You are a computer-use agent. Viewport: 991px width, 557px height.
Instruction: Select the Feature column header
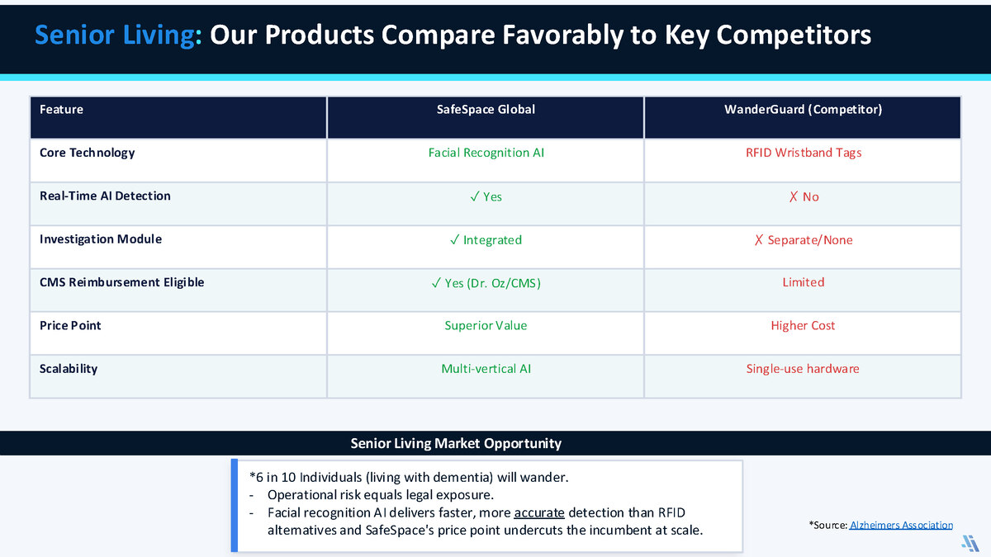click(x=61, y=109)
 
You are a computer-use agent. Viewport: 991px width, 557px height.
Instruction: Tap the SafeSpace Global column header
click(x=486, y=109)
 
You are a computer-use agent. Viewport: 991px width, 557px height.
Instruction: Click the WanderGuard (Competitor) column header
click(x=803, y=110)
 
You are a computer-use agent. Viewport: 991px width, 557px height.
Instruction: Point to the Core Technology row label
click(x=88, y=153)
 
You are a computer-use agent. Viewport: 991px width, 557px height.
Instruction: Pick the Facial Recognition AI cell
click(x=486, y=153)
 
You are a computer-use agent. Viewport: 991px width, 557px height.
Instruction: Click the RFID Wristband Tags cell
click(x=804, y=153)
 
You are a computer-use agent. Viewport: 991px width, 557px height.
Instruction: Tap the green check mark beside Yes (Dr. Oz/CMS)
click(x=436, y=283)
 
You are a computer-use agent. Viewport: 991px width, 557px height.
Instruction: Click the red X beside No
click(x=794, y=196)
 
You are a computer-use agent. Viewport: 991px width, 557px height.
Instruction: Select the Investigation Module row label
click(x=101, y=239)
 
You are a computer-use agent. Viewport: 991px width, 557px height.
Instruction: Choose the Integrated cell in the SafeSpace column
click(x=486, y=240)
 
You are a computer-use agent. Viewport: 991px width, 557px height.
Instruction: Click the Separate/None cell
click(x=804, y=240)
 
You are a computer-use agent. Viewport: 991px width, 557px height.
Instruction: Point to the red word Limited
click(x=803, y=282)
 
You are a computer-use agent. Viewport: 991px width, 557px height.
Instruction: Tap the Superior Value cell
click(x=486, y=326)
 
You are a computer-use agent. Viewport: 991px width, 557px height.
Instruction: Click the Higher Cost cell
click(x=803, y=326)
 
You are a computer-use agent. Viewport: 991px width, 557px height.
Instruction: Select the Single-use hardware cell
click(x=803, y=369)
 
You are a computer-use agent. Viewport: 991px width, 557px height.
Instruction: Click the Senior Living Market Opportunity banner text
click(x=456, y=443)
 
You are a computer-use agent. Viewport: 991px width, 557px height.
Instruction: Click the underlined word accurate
click(x=538, y=512)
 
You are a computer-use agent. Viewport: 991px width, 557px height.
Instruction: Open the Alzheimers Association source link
click(x=901, y=525)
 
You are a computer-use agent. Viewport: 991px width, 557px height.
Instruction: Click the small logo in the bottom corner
click(x=970, y=543)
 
